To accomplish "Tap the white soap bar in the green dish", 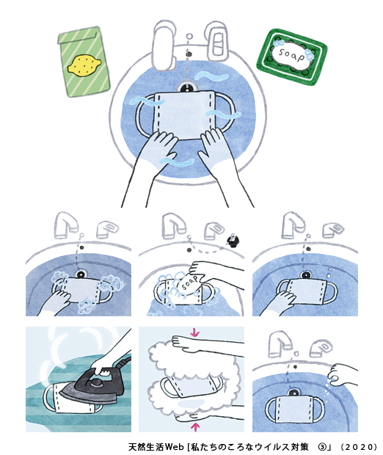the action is [x=291, y=55].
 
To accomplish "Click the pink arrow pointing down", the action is [x=195, y=333].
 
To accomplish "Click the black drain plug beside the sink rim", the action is [x=233, y=241].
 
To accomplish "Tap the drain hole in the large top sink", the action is [x=187, y=87].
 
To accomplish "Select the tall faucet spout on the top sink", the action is [x=164, y=45].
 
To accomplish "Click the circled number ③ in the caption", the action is [x=321, y=447].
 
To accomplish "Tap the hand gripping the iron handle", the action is [x=103, y=367].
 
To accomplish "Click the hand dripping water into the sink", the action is [x=343, y=374].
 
